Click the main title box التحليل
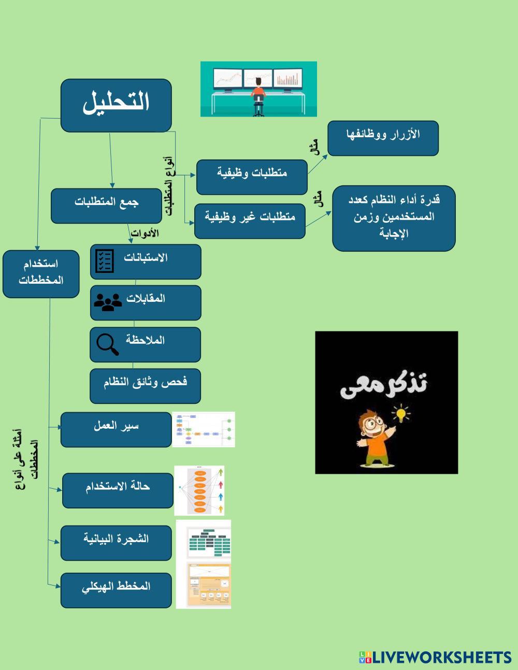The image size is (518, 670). [116, 105]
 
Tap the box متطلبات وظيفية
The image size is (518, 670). [252, 177]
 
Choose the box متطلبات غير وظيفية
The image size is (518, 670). [250, 221]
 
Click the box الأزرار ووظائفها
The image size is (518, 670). [383, 138]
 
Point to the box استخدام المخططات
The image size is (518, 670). [41, 274]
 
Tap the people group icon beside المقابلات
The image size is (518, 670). [107, 302]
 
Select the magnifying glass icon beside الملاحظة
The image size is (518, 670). [107, 344]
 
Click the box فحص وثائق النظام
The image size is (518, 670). [145, 386]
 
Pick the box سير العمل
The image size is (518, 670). [116, 429]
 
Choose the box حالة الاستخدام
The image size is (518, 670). [118, 490]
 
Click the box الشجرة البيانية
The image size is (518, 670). [116, 543]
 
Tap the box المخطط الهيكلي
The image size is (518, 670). [116, 590]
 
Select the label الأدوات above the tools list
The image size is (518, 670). [145, 234]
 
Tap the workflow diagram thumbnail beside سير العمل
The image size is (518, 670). [203, 429]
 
